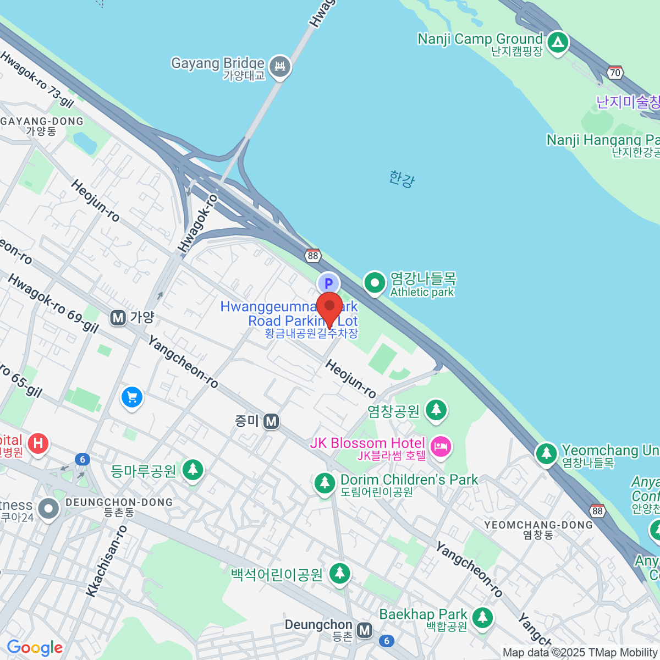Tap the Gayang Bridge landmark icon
pos(281,67)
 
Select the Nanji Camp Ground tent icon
pos(558,42)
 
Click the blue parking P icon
pos(328,284)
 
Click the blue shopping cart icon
pos(131,397)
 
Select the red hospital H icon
pos(38,443)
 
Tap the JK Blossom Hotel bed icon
pos(441,447)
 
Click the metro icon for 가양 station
pos(118,317)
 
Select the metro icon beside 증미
pos(271,421)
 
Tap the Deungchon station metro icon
pos(364,630)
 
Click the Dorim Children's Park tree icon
pos(324,484)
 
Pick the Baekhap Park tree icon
pos(482,617)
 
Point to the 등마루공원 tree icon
pos(193,470)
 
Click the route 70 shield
pos(615,73)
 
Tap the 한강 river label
pos(402,179)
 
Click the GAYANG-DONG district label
pos(43,122)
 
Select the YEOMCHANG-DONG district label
pos(538,525)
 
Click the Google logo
pos(35,647)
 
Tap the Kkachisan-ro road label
pos(107,561)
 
